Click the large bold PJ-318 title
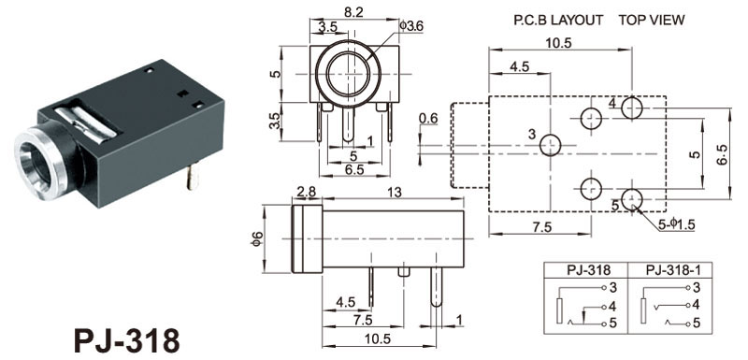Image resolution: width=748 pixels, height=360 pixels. click(127, 341)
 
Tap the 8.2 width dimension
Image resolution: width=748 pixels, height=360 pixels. click(353, 12)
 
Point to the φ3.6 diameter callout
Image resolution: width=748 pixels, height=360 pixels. click(410, 26)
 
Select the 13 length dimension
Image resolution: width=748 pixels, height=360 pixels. click(395, 192)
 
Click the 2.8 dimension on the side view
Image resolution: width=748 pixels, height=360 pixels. click(306, 192)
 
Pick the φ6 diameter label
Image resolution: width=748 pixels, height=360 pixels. click(256, 238)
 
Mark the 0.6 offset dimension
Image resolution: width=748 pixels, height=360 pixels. click(428, 118)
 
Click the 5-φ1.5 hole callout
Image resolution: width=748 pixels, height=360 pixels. click(677, 225)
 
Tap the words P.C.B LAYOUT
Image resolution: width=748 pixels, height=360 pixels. click(558, 20)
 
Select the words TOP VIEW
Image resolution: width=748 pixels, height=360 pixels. click(652, 20)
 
